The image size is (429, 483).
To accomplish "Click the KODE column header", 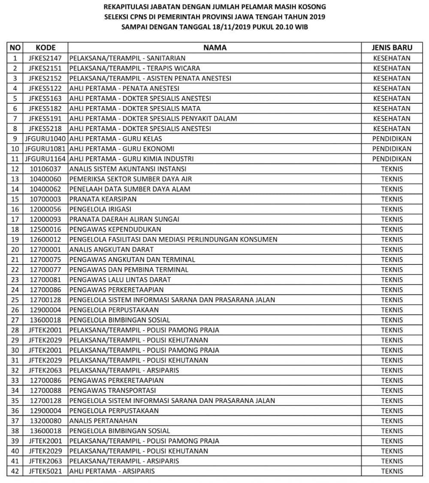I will pyautogui.click(x=45, y=48).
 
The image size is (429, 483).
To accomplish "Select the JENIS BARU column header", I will pyautogui.click(x=392, y=48).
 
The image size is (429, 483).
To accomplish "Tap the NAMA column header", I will pyautogui.click(x=214, y=48).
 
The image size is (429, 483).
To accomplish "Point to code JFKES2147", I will pyautogui.click(x=45, y=58).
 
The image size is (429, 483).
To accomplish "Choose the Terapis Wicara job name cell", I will pyautogui.click(x=135, y=68).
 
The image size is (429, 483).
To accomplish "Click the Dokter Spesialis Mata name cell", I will pyautogui.click(x=135, y=109).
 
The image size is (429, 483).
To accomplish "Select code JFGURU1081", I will pyautogui.click(x=45, y=149).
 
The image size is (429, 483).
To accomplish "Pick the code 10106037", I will pyautogui.click(x=45, y=169).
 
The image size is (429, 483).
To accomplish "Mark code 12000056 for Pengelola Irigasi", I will pyautogui.click(x=45, y=209).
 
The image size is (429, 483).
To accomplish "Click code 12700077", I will pyautogui.click(x=45, y=270).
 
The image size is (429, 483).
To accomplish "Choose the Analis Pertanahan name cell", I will pyautogui.click(x=103, y=420).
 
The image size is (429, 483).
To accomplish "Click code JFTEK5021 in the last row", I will pyautogui.click(x=45, y=471).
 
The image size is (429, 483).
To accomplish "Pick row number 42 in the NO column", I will pyautogui.click(x=15, y=471).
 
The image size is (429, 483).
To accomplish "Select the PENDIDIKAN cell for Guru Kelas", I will pyautogui.click(x=392, y=139).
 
